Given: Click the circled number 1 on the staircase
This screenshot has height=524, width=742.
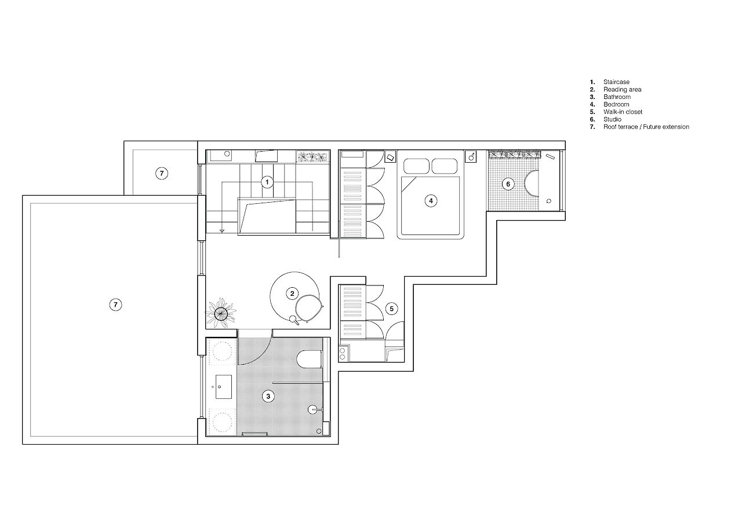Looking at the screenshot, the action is (267, 182).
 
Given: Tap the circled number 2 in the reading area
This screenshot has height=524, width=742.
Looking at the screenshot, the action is (292, 294).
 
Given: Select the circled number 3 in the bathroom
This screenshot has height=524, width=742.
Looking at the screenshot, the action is (268, 396).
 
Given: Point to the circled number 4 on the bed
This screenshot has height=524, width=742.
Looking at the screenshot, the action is (431, 201).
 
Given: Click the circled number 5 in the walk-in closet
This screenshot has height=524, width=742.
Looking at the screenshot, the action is (391, 309).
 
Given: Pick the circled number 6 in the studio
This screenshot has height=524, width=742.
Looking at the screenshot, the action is (508, 184).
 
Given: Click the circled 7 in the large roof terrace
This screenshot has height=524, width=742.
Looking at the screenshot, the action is (115, 305).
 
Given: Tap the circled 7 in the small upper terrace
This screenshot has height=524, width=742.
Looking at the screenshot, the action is (162, 173).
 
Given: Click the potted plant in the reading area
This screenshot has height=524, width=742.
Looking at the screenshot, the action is (221, 313).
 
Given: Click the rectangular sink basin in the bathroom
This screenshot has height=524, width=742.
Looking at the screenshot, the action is (224, 387).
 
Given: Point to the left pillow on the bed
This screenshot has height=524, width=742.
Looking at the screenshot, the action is (416, 166).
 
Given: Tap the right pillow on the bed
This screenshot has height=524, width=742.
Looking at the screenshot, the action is (445, 166).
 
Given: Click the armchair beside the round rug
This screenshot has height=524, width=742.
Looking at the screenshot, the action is (309, 308).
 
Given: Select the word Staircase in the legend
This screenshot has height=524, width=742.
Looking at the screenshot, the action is (616, 82).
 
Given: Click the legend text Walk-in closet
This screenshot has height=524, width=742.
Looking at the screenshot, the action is (623, 112).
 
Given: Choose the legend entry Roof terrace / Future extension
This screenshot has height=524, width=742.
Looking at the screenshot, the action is (646, 127).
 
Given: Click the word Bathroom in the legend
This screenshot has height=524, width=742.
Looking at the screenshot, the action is (617, 97).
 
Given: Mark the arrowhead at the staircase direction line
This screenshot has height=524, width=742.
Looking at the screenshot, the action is (222, 230).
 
